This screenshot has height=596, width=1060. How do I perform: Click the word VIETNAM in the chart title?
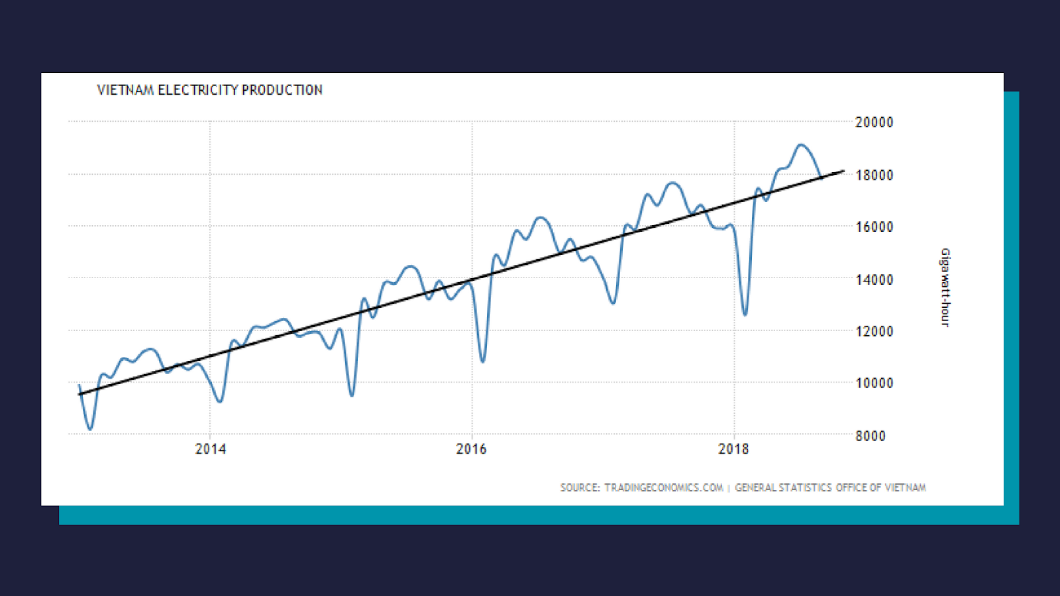point(125,90)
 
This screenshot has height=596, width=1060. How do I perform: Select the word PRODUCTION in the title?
point(282,90)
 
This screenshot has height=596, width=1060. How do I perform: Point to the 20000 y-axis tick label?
point(874,123)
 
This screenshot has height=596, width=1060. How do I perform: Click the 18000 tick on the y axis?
point(874,175)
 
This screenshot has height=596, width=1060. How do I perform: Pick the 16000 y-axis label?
point(874,227)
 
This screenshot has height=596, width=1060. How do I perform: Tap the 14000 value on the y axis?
point(874,279)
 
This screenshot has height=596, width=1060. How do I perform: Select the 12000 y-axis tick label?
point(874,331)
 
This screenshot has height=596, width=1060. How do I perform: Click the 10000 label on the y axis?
point(874,383)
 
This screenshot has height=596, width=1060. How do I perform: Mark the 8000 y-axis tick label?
point(870,436)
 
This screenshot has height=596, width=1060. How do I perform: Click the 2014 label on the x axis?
point(210,449)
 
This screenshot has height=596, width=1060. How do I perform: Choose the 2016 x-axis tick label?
point(471,449)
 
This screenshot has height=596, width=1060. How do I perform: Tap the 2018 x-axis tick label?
point(733,449)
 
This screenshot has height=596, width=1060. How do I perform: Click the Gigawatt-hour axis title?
point(945,287)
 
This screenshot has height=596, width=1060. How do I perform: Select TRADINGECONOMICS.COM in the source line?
point(663,488)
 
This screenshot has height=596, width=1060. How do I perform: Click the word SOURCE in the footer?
point(579,488)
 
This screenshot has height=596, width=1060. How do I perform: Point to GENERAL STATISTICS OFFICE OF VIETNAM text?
point(830,488)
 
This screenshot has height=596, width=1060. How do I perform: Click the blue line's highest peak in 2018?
point(802,144)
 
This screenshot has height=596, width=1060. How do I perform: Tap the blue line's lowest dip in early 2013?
point(90,429)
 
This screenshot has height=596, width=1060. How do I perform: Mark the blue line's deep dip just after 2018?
point(745,315)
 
